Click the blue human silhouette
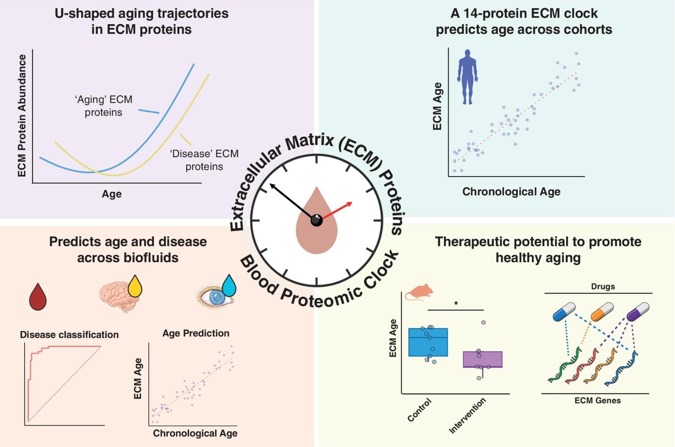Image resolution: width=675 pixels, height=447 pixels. pyautogui.click(x=467, y=77)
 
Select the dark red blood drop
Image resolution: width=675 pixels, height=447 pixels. pyautogui.click(x=38, y=298)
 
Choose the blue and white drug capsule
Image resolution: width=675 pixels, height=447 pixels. pyautogui.click(x=564, y=312)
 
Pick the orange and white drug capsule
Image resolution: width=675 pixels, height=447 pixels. pyautogui.click(x=602, y=312)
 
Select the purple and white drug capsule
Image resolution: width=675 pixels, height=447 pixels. pyautogui.click(x=638, y=312)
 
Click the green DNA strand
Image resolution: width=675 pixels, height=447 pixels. pyautogui.click(x=565, y=367)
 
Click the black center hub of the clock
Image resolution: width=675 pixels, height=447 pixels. pyautogui.click(x=316, y=220)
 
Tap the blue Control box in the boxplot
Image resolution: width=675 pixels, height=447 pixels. pyautogui.click(x=428, y=342)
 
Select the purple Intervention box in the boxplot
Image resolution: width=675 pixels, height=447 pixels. pyautogui.click(x=483, y=359)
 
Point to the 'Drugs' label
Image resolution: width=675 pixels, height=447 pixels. pyautogui.click(x=603, y=286)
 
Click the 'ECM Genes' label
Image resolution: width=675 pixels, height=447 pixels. pyautogui.click(x=597, y=400)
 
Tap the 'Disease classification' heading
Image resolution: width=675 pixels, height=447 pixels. pyautogui.click(x=69, y=335)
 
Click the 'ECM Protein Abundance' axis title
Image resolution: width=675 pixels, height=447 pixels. pyautogui.click(x=22, y=115)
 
